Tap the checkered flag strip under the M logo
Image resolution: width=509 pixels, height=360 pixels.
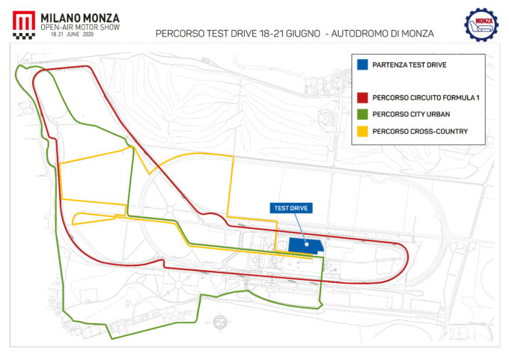pyautogui.click(x=23, y=34)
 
